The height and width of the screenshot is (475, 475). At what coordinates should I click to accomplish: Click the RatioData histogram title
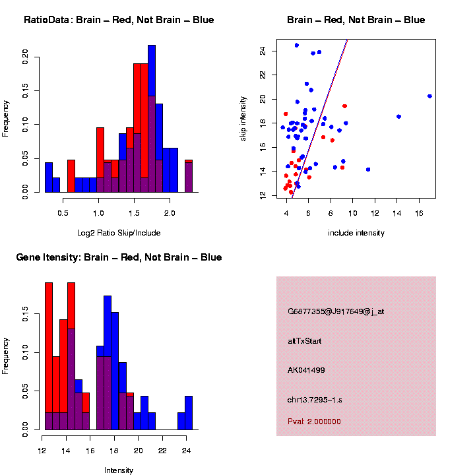(x=119, y=20)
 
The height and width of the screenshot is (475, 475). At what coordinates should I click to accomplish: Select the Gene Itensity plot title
(x=119, y=257)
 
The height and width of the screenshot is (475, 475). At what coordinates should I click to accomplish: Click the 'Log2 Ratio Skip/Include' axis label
(x=119, y=233)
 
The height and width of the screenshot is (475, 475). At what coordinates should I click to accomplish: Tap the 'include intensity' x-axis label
(x=356, y=233)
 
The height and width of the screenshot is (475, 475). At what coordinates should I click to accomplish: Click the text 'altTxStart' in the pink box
(x=305, y=341)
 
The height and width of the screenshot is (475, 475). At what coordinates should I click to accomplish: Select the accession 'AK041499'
(x=306, y=370)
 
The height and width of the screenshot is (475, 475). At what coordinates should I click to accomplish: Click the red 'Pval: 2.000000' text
(x=314, y=422)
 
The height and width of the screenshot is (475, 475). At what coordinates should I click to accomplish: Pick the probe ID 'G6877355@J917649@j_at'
(x=336, y=311)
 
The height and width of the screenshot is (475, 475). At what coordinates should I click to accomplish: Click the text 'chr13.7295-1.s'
(x=315, y=399)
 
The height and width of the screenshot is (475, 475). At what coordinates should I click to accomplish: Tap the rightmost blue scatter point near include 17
(x=429, y=96)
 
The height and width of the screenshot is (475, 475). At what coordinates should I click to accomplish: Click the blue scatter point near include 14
(x=398, y=116)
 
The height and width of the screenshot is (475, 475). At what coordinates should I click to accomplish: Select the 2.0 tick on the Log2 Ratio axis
(x=170, y=214)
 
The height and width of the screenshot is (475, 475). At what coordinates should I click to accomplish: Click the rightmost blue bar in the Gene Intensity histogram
(x=189, y=413)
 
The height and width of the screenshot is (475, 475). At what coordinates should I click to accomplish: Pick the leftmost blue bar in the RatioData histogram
(x=49, y=178)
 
